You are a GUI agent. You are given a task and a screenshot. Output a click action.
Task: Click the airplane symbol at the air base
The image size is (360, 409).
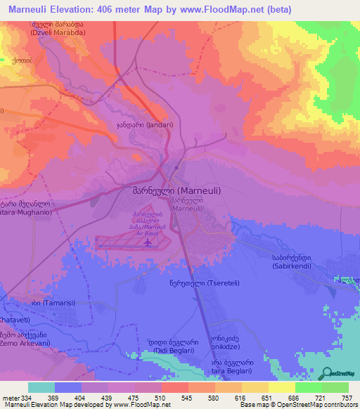point(148,243)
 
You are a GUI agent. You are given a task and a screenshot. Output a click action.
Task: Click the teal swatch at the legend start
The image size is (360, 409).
point(41,387)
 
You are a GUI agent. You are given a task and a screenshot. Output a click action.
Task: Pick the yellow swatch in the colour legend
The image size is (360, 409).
point(282,387)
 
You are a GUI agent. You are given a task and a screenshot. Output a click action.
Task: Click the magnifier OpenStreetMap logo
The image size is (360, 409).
point(328,374)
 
